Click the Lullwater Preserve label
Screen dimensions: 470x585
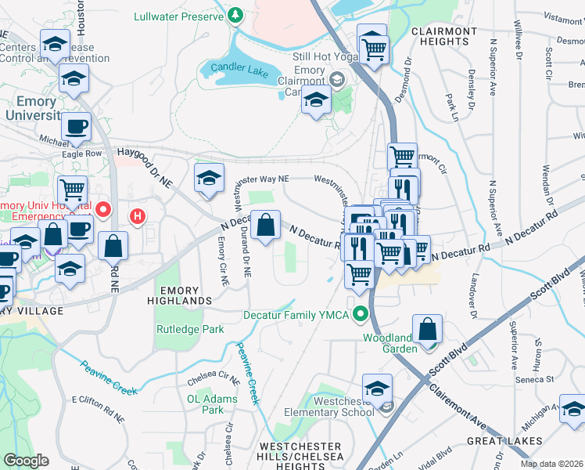[178, 16]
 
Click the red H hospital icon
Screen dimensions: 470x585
[138, 215]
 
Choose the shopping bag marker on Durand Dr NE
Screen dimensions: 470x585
[266, 226]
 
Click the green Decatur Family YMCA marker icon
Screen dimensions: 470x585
[361, 315]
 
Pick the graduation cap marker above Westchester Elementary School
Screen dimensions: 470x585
[377, 389]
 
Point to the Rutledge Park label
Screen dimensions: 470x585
[185, 330]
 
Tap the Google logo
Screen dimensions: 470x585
[27, 461]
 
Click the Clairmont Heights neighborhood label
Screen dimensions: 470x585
[443, 37]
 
